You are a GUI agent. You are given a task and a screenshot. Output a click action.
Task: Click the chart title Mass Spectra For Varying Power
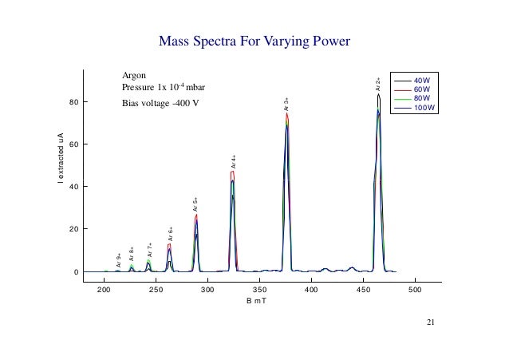[x=254, y=41]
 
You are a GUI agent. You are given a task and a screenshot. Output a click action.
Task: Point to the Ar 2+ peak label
[x=378, y=84]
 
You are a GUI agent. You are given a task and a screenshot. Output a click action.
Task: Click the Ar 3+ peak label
[x=287, y=104]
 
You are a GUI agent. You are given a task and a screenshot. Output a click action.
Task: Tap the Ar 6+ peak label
[x=171, y=234]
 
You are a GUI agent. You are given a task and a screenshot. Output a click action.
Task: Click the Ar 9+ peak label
[x=119, y=260]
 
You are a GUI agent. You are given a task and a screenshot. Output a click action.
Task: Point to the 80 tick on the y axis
[x=73, y=102]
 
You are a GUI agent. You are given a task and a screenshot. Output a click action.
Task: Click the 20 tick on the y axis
[x=73, y=229]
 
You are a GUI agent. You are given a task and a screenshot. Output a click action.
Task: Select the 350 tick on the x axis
[x=259, y=291]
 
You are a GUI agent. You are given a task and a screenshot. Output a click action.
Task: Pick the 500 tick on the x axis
[x=415, y=291]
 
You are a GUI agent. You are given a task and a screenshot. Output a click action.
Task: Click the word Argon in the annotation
[x=134, y=74]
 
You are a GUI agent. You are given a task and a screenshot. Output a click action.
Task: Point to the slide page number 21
[x=431, y=322]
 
